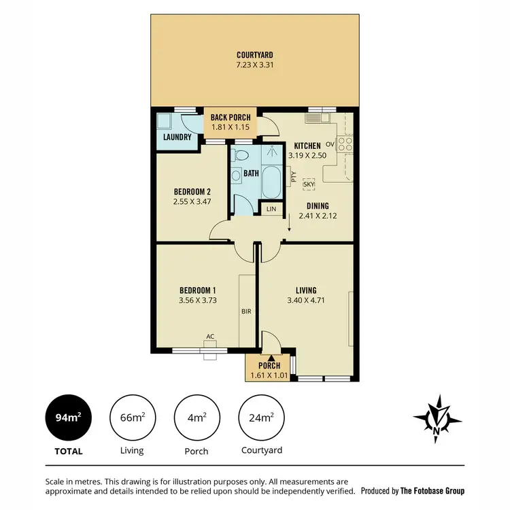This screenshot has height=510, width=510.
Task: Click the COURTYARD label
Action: coord(255,55)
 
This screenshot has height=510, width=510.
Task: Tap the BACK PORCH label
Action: coord(231,118)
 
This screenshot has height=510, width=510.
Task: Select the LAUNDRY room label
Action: coord(175,137)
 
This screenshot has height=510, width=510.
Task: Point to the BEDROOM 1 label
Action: coord(197,290)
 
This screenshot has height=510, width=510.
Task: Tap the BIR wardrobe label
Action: coord(247,312)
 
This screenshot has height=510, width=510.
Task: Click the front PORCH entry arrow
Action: coord(271,357)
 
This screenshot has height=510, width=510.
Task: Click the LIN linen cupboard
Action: coord(271,209)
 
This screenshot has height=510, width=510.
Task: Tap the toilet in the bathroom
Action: coord(235,175)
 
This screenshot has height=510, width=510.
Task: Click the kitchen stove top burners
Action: coord(345,144)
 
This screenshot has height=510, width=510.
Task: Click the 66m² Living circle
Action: coord(131,416)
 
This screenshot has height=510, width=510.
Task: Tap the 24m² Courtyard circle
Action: coord(262,416)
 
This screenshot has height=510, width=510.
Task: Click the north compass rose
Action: coord(437,416)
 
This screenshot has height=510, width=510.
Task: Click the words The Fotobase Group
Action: coord(432,490)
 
